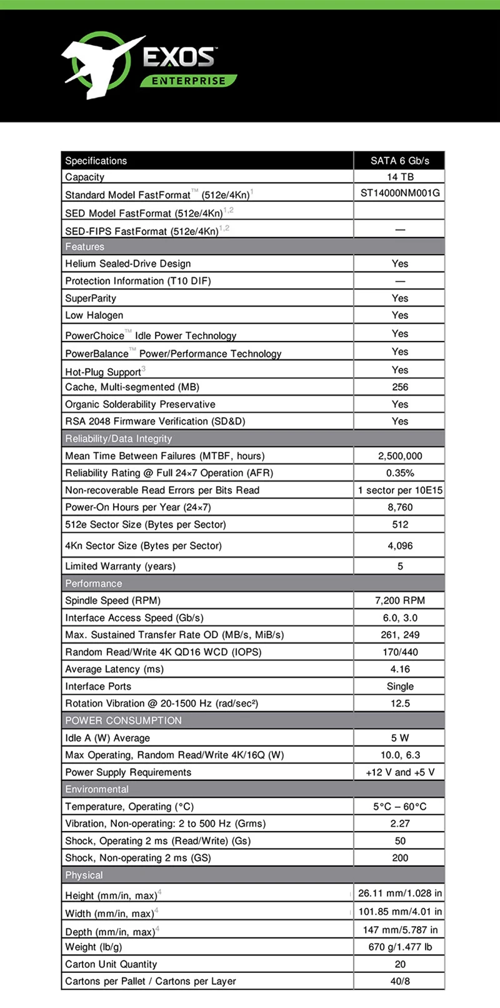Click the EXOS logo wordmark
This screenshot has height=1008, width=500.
click(179, 58)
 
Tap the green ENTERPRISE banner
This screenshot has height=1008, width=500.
click(188, 81)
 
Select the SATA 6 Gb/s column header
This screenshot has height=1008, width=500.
click(399, 161)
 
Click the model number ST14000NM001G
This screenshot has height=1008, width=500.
click(400, 193)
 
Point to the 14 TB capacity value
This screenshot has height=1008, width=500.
click(400, 177)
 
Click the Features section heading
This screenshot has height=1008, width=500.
click(85, 246)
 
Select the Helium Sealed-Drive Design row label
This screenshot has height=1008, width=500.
click(128, 264)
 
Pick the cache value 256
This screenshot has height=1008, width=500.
click(400, 387)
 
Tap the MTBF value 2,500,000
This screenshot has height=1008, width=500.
click(400, 456)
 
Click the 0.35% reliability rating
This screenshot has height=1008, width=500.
click(400, 473)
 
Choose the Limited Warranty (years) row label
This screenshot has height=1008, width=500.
click(121, 567)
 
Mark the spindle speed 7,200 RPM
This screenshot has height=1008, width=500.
click(400, 600)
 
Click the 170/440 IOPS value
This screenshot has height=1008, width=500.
click(400, 652)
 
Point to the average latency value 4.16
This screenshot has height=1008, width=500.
click(400, 669)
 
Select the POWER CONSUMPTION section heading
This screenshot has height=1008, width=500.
click(124, 720)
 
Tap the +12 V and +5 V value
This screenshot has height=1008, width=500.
click(400, 772)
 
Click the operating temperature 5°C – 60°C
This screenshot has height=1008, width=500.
click(400, 807)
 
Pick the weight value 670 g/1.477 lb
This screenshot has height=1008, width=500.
click(400, 947)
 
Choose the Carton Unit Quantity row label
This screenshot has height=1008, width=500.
click(111, 964)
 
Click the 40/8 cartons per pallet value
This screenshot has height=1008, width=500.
click(400, 981)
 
